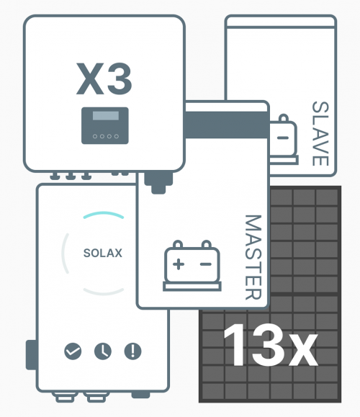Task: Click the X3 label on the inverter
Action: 104,79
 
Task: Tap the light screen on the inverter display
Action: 106,116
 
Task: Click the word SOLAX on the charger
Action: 103,253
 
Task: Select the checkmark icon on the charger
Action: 73,351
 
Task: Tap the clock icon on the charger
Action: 103,351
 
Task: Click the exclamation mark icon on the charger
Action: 133,351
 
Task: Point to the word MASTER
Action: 253,257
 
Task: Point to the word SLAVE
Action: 320,134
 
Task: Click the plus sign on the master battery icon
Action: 179,264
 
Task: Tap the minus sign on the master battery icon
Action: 206,264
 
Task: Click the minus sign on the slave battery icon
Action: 283,138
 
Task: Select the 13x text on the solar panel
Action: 271,345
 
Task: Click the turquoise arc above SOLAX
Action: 104,213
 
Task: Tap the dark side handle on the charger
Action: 31,354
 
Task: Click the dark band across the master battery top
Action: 226,125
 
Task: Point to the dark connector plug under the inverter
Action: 158,183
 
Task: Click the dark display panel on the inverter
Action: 105,126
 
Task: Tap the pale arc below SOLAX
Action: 104,292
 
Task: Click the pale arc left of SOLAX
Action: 64,254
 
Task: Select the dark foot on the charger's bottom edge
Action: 140,395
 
